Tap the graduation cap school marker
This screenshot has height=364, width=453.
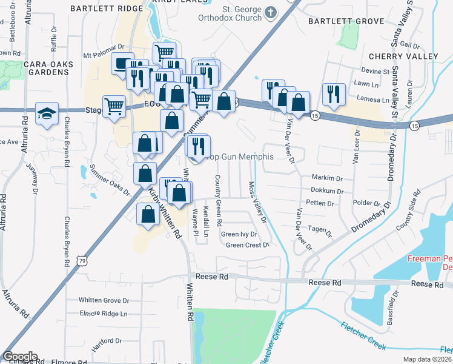(47, 113)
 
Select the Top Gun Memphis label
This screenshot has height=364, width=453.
(240, 157)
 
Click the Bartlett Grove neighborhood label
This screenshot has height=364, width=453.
(346, 21)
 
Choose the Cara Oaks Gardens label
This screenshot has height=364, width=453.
(48, 68)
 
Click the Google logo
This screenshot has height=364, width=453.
(20, 357)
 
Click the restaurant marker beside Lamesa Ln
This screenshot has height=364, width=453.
(334, 93)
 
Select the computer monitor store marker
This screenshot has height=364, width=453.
(122, 62)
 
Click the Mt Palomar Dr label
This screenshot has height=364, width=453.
(104, 45)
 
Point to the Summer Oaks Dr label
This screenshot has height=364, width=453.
(110, 180)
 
